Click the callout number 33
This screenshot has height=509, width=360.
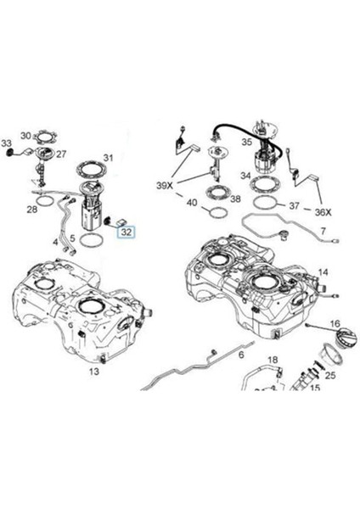[6, 143]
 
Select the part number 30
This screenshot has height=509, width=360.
[25, 136]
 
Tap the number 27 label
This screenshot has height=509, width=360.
[61, 154]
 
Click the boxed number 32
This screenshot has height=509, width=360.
[126, 230]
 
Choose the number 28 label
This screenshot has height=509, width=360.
[31, 208]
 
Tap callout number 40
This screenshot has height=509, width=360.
[191, 203]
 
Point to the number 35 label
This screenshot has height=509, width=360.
[246, 143]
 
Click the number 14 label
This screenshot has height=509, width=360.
[323, 272]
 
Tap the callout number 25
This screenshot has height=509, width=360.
[331, 374]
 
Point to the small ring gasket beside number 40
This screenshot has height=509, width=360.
[217, 212]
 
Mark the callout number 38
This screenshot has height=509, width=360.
[235, 200]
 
